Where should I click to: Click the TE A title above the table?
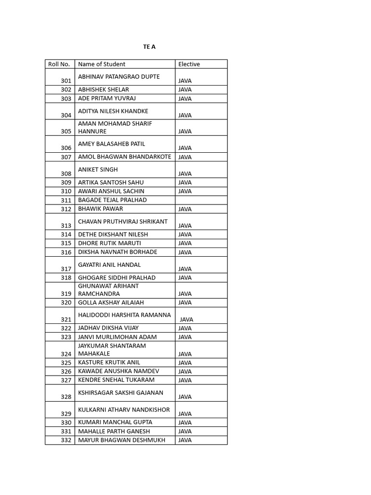point(149,47)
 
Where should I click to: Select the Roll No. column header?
point(59,64)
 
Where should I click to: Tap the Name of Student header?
point(101,64)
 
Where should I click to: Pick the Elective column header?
point(189,64)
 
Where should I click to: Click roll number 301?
point(66,81)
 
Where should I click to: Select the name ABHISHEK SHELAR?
point(103,89)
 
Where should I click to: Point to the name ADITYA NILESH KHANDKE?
point(113,111)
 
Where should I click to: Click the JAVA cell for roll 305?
point(185,131)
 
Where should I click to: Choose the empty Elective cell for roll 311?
point(201,200)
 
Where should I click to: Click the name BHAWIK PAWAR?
point(100,209)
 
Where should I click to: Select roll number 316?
point(66,252)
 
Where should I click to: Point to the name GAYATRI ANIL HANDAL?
point(110,265)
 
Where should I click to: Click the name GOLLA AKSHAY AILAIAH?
point(111,303)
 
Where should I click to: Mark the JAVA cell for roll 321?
point(186,320)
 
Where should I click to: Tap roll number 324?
point(66,354)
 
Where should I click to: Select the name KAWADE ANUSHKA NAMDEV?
point(118,371)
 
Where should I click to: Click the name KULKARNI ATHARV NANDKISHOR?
point(124,410)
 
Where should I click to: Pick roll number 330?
point(66,422)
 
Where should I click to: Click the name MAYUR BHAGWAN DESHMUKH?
point(121,440)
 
